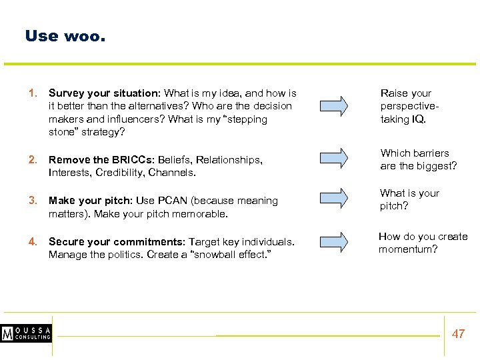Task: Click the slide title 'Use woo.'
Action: pyautogui.click(x=65, y=36)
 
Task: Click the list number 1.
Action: pyautogui.click(x=32, y=93)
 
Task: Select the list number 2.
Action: pyautogui.click(x=32, y=160)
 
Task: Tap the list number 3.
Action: pyautogui.click(x=32, y=201)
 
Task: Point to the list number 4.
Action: pyautogui.click(x=32, y=241)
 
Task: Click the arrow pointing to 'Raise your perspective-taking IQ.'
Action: pyautogui.click(x=331, y=106)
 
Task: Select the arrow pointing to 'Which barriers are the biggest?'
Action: pyautogui.click(x=331, y=157)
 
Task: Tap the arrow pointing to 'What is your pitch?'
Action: pyautogui.click(x=331, y=197)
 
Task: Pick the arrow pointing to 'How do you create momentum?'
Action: pyautogui.click(x=331, y=239)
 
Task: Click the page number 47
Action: pyautogui.click(x=458, y=334)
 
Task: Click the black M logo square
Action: pyautogui.click(x=8, y=333)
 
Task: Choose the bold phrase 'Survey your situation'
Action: pyautogui.click(x=103, y=93)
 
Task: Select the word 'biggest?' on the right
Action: pyautogui.click(x=437, y=166)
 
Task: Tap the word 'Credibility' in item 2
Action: pyautogui.click(x=120, y=173)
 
